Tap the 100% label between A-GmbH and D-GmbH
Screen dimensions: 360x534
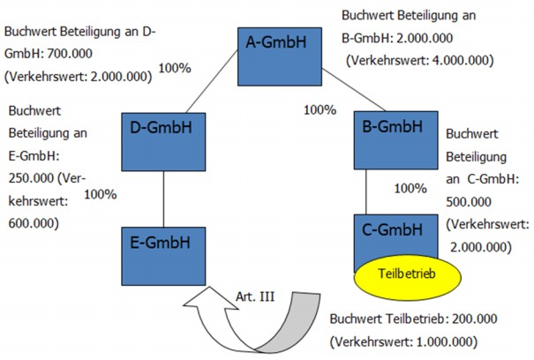(x=175, y=67)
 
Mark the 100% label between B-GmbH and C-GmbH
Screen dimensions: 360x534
(x=410, y=188)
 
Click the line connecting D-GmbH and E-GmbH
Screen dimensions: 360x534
(x=165, y=199)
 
